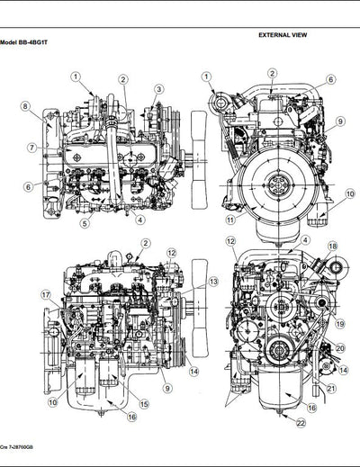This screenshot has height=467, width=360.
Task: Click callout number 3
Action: click(x=157, y=89)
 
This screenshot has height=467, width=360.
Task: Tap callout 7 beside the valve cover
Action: click(x=31, y=147)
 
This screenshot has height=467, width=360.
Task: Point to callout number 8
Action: click(x=26, y=107)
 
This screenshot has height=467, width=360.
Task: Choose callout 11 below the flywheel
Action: click(x=230, y=219)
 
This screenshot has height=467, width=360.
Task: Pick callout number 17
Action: click(x=45, y=294)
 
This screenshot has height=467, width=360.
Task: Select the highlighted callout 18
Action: click(x=332, y=246)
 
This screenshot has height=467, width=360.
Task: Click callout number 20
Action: click(x=340, y=347)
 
